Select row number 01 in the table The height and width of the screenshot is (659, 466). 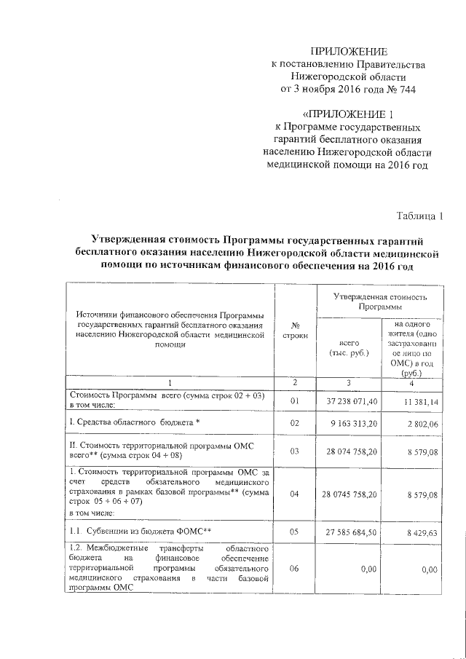pyautogui.click(x=294, y=400)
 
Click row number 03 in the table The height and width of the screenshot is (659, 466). pyautogui.click(x=294, y=451)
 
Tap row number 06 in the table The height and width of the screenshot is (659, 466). pyautogui.click(x=294, y=569)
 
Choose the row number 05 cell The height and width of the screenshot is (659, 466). pyautogui.click(x=294, y=532)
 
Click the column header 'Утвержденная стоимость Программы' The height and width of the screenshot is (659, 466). pyautogui.click(x=379, y=301)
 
